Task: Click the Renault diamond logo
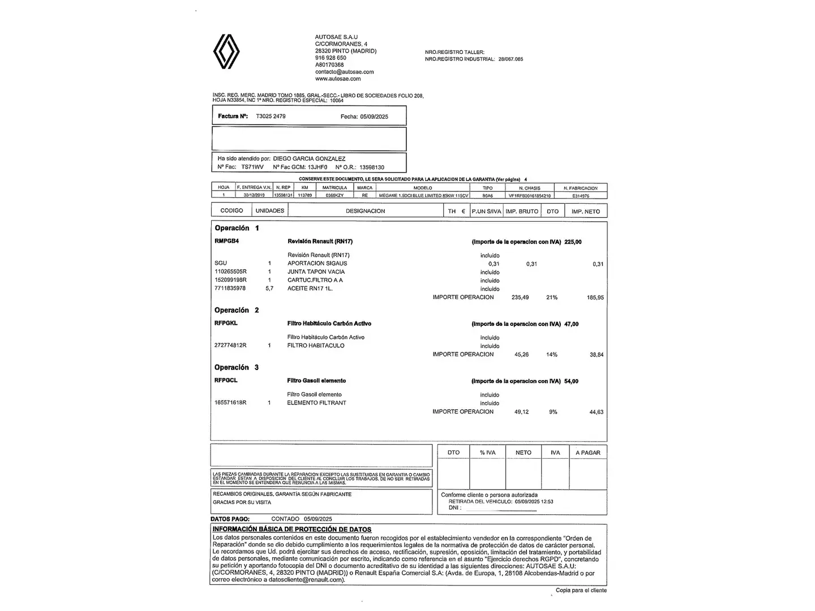pyautogui.click(x=226, y=51)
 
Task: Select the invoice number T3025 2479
pyautogui.click(x=271, y=116)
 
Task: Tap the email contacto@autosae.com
pyautogui.click(x=344, y=72)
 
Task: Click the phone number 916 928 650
pyautogui.click(x=331, y=58)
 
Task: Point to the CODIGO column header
pyautogui.click(x=231, y=211)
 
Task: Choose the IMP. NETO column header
pyautogui.click(x=585, y=212)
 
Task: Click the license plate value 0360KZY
pyautogui.click(x=334, y=195)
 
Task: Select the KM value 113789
pyautogui.click(x=304, y=195)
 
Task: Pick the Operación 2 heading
pyautogui.click(x=237, y=310)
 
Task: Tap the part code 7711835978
pyautogui.click(x=230, y=289)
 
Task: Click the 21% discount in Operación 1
pyautogui.click(x=551, y=298)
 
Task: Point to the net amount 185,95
pyautogui.click(x=595, y=298)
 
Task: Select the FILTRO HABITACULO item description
pyautogui.click(x=316, y=346)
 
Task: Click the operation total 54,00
pyautogui.click(x=571, y=381)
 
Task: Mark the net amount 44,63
pyautogui.click(x=596, y=412)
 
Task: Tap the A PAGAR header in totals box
pyautogui.click(x=587, y=453)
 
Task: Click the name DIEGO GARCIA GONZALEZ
pyautogui.click(x=309, y=159)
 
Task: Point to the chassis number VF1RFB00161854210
pyautogui.click(x=529, y=196)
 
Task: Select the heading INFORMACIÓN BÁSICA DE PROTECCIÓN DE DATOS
pyautogui.click(x=292, y=530)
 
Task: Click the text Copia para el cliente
pyautogui.click(x=581, y=591)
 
